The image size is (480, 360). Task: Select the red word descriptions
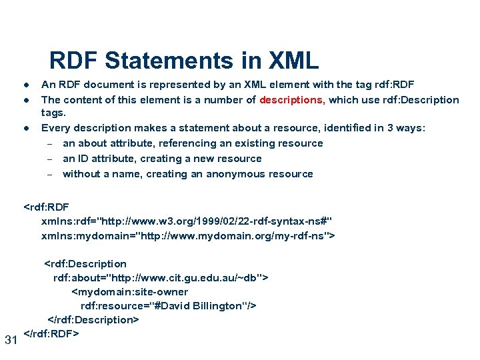(x=292, y=100)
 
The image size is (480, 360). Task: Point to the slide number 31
(x=11, y=341)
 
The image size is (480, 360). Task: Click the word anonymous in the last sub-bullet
(x=241, y=174)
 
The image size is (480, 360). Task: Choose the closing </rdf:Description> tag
(x=93, y=320)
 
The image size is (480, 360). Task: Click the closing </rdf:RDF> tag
(x=51, y=333)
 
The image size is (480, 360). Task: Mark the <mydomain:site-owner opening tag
(x=129, y=291)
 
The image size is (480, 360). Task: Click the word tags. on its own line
(x=54, y=113)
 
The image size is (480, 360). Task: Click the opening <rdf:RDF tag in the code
(x=46, y=207)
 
